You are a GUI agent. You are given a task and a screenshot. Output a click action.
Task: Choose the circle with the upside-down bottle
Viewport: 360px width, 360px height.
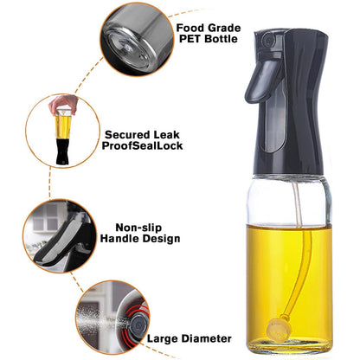(62, 132)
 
